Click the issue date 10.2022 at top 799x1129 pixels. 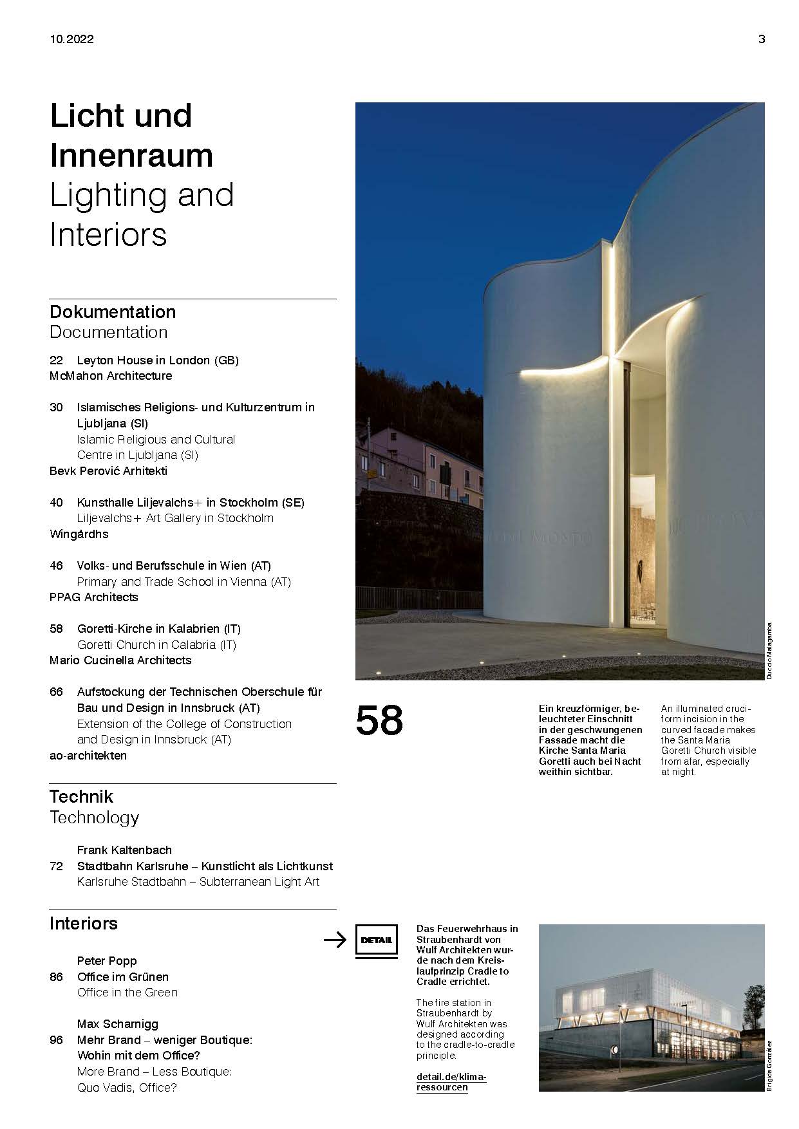(x=71, y=39)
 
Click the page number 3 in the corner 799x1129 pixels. (x=762, y=39)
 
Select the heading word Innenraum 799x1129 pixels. (x=131, y=156)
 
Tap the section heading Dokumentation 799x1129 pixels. (x=113, y=312)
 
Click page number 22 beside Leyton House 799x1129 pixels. (x=56, y=360)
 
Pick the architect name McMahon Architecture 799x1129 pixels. (x=111, y=376)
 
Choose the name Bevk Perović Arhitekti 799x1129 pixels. (x=108, y=471)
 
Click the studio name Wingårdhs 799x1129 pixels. (x=79, y=534)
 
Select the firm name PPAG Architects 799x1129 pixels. (x=94, y=597)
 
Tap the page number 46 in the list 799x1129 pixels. (x=56, y=566)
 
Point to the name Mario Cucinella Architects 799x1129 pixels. (x=120, y=660)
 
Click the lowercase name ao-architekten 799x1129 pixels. (x=88, y=756)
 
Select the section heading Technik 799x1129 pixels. (x=81, y=797)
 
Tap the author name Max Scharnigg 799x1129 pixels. (x=117, y=1024)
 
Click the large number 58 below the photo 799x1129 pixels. (x=379, y=721)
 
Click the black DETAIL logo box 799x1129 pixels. (x=376, y=940)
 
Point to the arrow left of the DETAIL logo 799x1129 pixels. (x=335, y=940)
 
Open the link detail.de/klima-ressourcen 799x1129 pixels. (x=451, y=1082)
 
